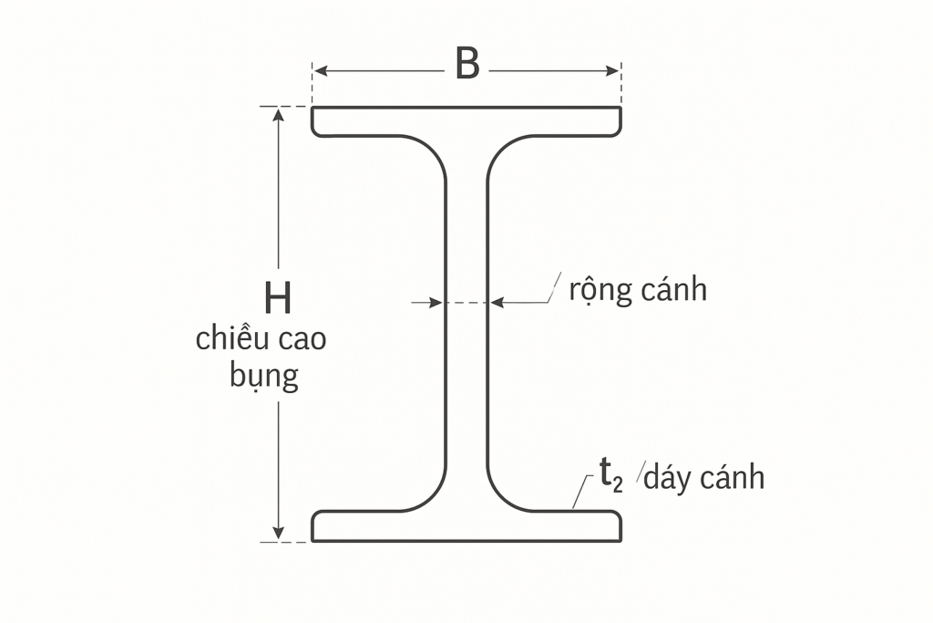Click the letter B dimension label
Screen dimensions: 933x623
(x=467, y=63)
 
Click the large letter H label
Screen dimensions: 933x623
(x=278, y=298)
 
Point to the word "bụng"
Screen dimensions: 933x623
(x=264, y=376)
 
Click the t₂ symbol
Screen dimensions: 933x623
(x=611, y=474)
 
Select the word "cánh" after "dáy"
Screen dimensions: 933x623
(x=732, y=477)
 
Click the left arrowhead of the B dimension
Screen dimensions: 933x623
(x=320, y=71)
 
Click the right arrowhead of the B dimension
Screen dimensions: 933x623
(x=613, y=71)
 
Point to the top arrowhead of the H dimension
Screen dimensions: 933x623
(x=278, y=114)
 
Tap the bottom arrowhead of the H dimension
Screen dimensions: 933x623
(x=278, y=534)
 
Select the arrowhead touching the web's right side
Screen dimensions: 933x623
(x=497, y=303)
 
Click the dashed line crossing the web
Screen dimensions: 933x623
(x=466, y=303)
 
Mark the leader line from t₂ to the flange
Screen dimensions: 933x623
(x=581, y=492)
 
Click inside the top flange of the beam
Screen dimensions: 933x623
(x=466, y=121)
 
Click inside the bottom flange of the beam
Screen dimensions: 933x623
(x=466, y=526)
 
